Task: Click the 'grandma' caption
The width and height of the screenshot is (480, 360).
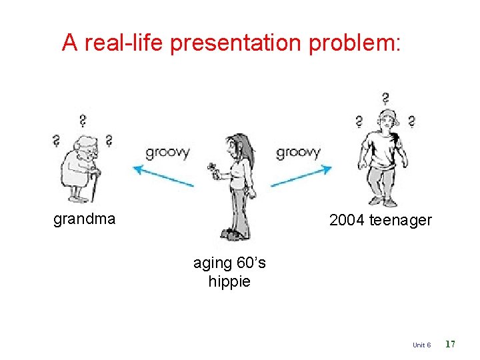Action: (x=84, y=219)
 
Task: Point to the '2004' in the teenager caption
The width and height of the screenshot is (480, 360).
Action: (x=347, y=220)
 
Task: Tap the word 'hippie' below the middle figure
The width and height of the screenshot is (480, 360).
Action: (x=229, y=281)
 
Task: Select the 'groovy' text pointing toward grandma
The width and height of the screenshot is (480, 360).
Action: (x=167, y=152)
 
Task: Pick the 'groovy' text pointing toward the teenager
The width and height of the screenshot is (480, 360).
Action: (x=298, y=152)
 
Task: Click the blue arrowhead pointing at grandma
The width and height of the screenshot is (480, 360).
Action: (x=138, y=169)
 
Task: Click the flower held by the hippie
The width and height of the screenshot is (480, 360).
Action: (x=213, y=167)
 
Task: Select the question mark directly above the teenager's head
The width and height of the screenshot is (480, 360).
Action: (x=385, y=99)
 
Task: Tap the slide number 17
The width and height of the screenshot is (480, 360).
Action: (x=450, y=344)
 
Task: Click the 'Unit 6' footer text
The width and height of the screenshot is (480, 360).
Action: (x=421, y=345)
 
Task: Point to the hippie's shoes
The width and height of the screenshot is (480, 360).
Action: (x=233, y=234)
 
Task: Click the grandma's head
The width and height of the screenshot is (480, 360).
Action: (x=85, y=147)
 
